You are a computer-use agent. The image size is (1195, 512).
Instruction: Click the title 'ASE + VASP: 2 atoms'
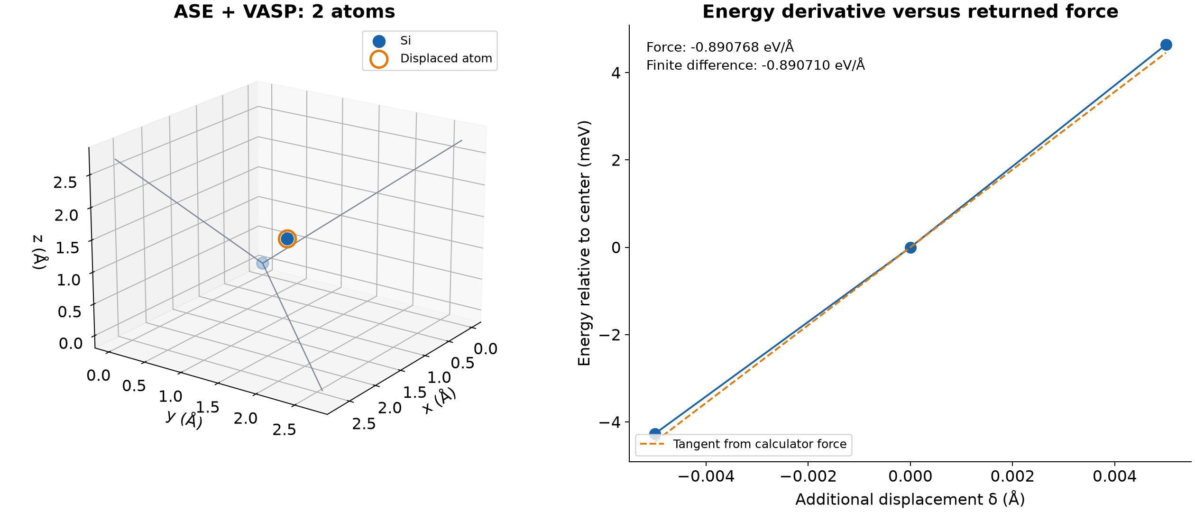point(284,11)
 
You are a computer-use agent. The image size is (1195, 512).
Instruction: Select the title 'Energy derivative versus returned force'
point(910,11)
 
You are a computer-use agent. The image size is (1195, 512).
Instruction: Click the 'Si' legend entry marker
point(379,41)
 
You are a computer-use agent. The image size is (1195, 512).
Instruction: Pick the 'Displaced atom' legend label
point(446,58)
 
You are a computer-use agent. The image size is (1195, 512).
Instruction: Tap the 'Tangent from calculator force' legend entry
point(743,444)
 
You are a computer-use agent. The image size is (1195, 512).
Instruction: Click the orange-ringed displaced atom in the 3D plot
point(287,239)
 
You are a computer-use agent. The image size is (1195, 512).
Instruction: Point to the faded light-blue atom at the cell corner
point(262,263)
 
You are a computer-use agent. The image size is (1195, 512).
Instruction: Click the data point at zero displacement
point(910,247)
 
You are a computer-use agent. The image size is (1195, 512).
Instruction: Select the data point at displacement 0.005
point(1166,45)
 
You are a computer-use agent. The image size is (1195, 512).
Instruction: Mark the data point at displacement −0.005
point(655,434)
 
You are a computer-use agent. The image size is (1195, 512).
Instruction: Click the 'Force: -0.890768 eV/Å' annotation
point(720,47)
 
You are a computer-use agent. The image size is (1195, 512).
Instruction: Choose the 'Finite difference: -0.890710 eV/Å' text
point(755,65)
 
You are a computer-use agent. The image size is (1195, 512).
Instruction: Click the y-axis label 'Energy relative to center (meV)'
point(584,243)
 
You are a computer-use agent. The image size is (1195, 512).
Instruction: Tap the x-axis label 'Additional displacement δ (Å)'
point(910,499)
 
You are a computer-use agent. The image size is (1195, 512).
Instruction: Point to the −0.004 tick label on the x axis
point(706,476)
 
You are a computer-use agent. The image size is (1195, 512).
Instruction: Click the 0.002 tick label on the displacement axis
point(1012,476)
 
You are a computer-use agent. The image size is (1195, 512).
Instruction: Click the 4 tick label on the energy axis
point(616,73)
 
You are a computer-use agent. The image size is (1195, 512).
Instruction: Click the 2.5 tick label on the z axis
point(65,183)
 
